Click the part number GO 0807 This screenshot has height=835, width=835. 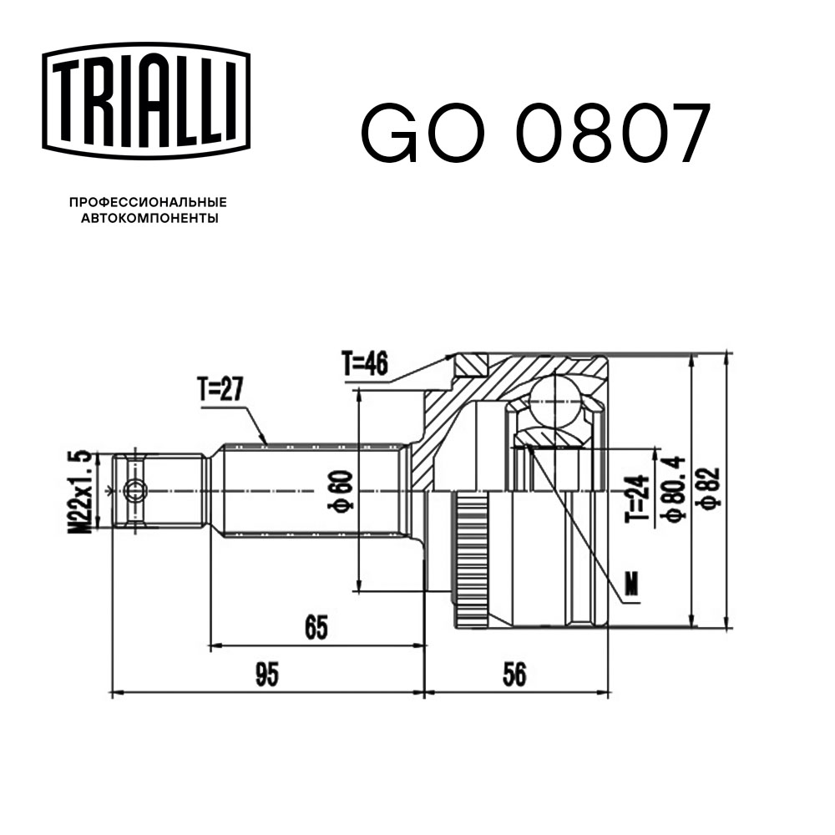pos(534,134)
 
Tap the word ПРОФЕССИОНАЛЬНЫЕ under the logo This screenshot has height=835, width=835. pos(148,202)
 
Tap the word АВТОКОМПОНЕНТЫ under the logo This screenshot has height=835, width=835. pos(149,219)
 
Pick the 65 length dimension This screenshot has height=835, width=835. pos(315,626)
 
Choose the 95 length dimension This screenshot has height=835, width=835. pos(266,674)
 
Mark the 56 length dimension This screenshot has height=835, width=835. pos(515,674)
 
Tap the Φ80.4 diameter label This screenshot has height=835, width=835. pos(672,489)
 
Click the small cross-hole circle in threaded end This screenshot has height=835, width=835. pos(134,490)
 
